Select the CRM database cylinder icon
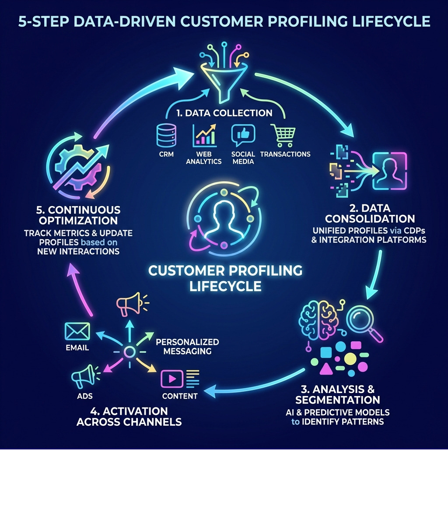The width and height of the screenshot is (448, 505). (x=166, y=135)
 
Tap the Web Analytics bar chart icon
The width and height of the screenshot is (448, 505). (x=204, y=135)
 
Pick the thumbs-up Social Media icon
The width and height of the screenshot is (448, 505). (x=243, y=135)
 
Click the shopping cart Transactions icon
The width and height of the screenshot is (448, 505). (x=283, y=135)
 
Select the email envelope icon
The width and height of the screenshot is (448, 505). (x=77, y=331)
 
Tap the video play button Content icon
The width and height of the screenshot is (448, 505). (x=171, y=379)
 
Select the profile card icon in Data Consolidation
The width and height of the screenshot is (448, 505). (x=389, y=171)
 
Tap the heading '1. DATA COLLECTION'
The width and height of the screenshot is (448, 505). (x=224, y=113)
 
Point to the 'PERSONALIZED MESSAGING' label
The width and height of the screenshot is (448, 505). (x=187, y=347)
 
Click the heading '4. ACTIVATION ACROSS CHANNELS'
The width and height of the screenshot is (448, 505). (x=129, y=416)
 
